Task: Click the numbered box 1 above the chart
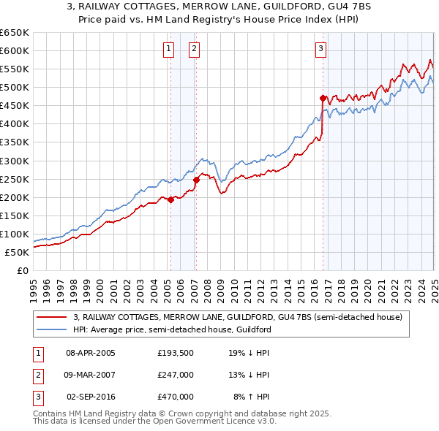point(169,49)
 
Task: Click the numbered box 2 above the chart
point(194,49)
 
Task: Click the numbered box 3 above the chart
point(321,49)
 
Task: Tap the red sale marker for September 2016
point(323,97)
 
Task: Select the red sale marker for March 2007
point(196,179)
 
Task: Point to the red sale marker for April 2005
point(170,199)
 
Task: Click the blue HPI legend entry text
point(172,330)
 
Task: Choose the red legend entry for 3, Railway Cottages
point(238,318)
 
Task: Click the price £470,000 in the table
point(175,397)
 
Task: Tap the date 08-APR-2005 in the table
point(91,353)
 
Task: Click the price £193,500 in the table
point(175,353)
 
